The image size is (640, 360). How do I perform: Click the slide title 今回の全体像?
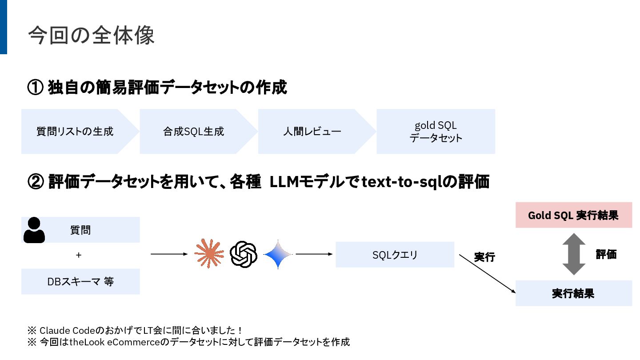tap(91, 35)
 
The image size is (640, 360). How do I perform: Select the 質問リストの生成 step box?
tap(75, 132)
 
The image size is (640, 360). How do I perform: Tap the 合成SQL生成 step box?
tap(193, 132)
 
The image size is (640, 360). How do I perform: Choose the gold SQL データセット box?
tap(436, 132)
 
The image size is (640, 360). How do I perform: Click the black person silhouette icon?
tap(34, 230)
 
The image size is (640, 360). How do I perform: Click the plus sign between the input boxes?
tap(79, 255)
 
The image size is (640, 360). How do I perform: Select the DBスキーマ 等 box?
tap(80, 281)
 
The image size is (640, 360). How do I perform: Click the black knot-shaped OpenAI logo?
tap(244, 254)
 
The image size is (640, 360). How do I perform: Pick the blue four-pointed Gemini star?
tap(278, 254)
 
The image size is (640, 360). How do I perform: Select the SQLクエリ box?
tap(395, 255)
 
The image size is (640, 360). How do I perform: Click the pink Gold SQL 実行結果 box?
tap(573, 216)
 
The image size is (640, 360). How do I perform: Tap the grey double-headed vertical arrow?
tap(574, 254)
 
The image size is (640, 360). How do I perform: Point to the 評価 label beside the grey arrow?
tap(606, 255)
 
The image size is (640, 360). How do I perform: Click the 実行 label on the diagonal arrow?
tap(484, 257)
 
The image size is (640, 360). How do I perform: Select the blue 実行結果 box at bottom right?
tap(573, 293)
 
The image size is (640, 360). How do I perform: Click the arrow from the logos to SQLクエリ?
tap(314, 254)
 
